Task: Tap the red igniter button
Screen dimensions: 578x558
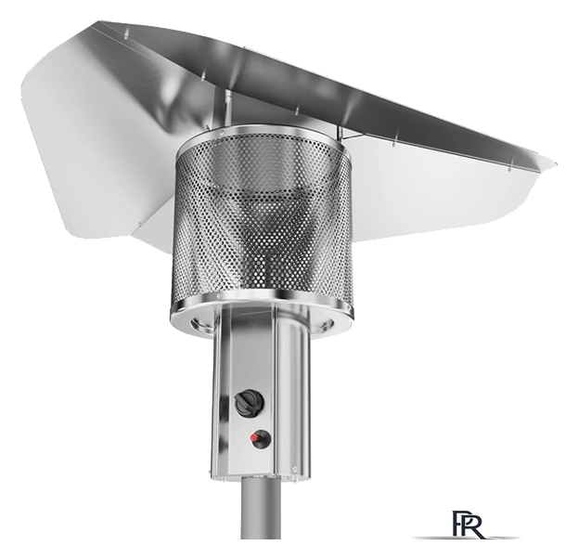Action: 255,438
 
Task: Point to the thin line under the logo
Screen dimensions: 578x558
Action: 467,538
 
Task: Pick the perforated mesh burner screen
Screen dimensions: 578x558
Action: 261,217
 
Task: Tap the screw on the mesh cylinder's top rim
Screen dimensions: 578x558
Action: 223,130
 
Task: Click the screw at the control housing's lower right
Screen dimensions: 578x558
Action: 294,469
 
